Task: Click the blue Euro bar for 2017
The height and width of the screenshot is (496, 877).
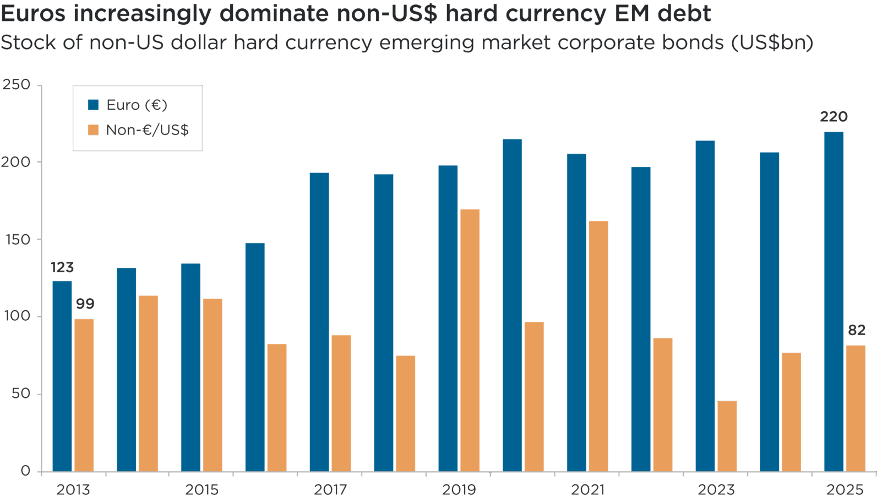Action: pyautogui.click(x=319, y=322)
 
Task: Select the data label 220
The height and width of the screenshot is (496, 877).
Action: pyautogui.click(x=834, y=117)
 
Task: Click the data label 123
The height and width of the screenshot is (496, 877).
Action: pyautogui.click(x=62, y=267)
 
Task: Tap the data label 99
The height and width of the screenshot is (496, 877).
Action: pyautogui.click(x=85, y=304)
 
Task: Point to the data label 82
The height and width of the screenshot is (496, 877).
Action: pyautogui.click(x=856, y=330)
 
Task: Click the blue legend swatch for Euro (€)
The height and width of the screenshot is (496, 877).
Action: pyautogui.click(x=94, y=105)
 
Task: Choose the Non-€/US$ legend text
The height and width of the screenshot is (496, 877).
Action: pyautogui.click(x=148, y=130)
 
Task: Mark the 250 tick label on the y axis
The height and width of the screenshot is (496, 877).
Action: pyautogui.click(x=17, y=85)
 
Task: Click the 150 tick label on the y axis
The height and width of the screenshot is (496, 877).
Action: pyautogui.click(x=17, y=240)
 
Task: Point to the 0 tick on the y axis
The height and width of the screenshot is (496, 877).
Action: pyautogui.click(x=25, y=471)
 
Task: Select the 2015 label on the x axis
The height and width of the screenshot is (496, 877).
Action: pyautogui.click(x=201, y=489)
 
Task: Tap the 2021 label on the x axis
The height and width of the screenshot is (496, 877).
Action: pyautogui.click(x=587, y=489)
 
